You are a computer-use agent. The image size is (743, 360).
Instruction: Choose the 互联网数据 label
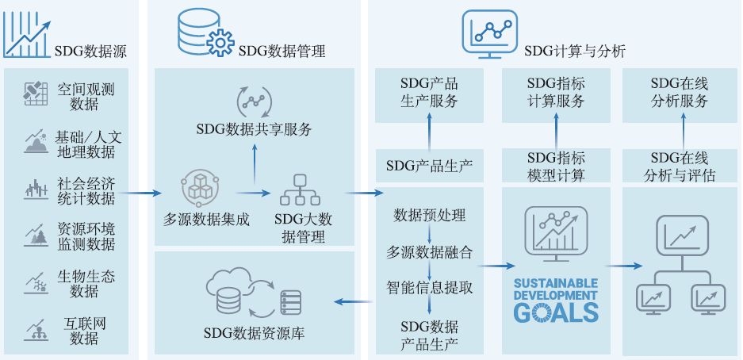(86, 331)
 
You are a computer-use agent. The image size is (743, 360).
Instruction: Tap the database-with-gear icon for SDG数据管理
(203, 33)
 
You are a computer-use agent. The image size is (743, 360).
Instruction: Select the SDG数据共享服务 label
(254, 129)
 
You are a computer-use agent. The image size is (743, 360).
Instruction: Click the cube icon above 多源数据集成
(197, 188)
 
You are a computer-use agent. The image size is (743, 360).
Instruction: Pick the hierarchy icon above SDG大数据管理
(300, 190)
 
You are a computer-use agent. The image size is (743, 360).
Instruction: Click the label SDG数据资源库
(254, 333)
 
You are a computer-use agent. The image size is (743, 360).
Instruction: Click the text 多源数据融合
(429, 252)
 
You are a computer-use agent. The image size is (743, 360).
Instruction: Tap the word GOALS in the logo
(556, 312)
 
